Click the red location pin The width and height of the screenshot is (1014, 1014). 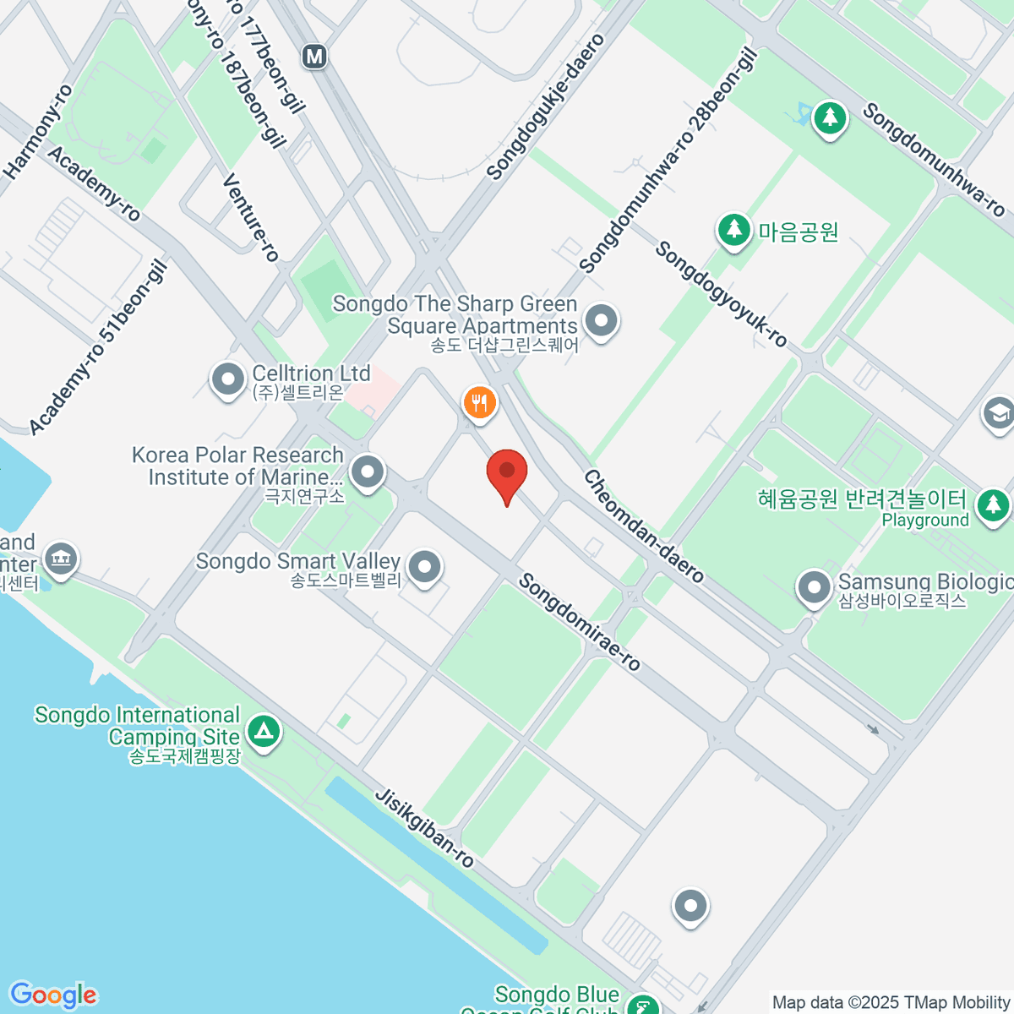point(507,472)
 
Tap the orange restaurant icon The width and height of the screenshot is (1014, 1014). point(480,401)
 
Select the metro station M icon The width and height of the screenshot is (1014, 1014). point(314,57)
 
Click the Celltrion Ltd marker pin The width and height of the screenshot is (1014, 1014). point(227,379)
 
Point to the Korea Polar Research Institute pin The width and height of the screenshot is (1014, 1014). point(368,472)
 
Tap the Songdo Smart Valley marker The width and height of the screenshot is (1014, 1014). point(424,567)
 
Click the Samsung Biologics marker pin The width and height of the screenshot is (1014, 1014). point(815,587)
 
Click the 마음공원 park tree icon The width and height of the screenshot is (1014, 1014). point(733,229)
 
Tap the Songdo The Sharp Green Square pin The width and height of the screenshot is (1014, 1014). point(602,321)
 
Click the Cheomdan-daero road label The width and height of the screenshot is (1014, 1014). point(644,526)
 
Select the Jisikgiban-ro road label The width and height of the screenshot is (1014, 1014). point(424,828)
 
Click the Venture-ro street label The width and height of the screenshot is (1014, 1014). point(250,217)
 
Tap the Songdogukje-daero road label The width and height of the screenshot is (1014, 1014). point(547,106)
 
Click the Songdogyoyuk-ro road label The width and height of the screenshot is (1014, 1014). point(721,294)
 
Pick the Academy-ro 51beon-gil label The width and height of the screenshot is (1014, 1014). point(98,348)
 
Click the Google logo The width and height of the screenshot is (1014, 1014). point(53,995)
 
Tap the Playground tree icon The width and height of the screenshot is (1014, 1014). point(992,505)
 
